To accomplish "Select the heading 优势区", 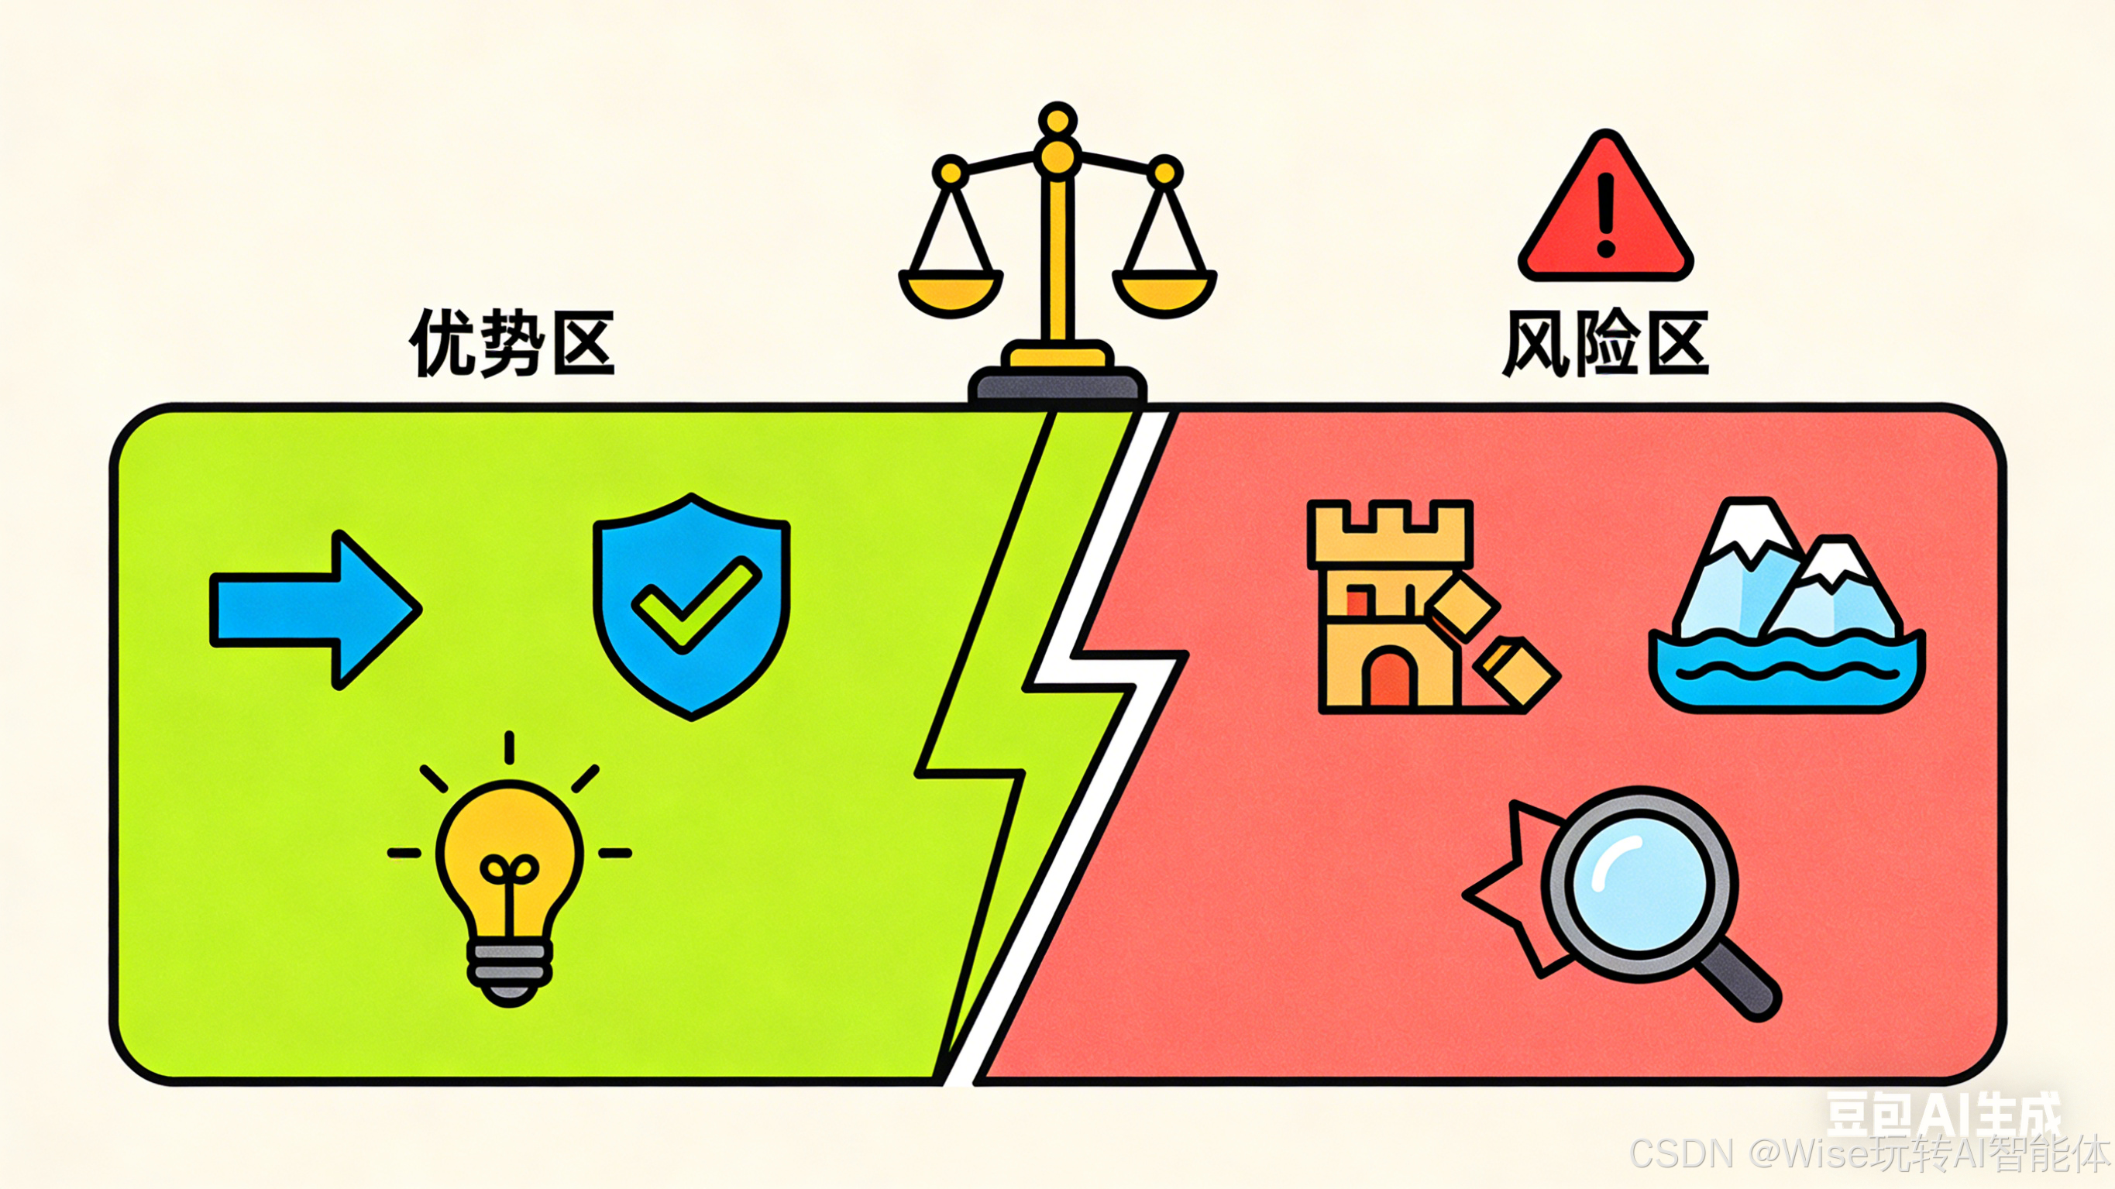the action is tap(512, 343).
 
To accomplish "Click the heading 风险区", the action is tap(1606, 343).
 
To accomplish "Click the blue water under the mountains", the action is tap(1786, 678).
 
